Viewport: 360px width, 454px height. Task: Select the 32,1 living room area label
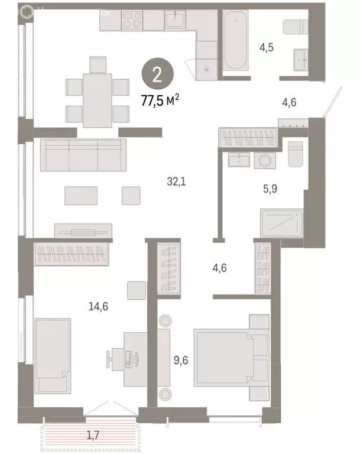pos(176,182)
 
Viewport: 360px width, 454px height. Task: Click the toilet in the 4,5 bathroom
pos(293,28)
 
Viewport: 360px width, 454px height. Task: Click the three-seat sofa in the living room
pos(82,155)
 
